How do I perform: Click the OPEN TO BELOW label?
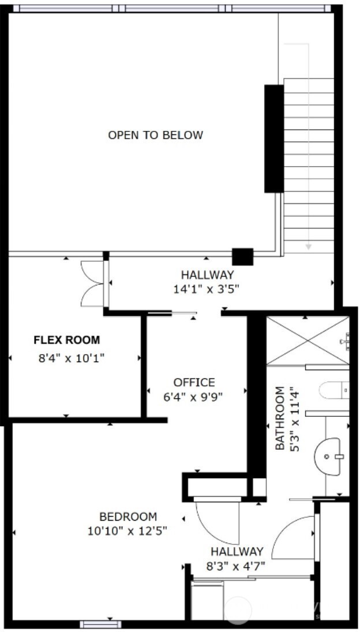pos(155,136)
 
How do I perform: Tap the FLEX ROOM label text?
pos(66,340)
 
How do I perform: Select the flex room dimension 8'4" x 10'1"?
pos(72,359)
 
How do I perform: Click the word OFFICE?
pos(194,382)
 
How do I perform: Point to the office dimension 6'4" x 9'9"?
pos(194,397)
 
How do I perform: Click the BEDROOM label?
pos(128,517)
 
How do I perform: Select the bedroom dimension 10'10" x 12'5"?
pos(128,531)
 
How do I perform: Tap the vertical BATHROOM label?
pos(280,418)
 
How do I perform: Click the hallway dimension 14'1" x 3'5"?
pos(207,289)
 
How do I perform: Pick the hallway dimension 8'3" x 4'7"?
pos(237,566)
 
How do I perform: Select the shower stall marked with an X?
pos(308,341)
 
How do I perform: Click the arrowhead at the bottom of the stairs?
pos(309,246)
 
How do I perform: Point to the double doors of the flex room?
pos(93,283)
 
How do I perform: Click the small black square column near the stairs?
pos(242,257)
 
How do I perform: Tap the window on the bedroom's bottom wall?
pos(100,624)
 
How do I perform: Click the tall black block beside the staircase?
pos(274,138)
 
